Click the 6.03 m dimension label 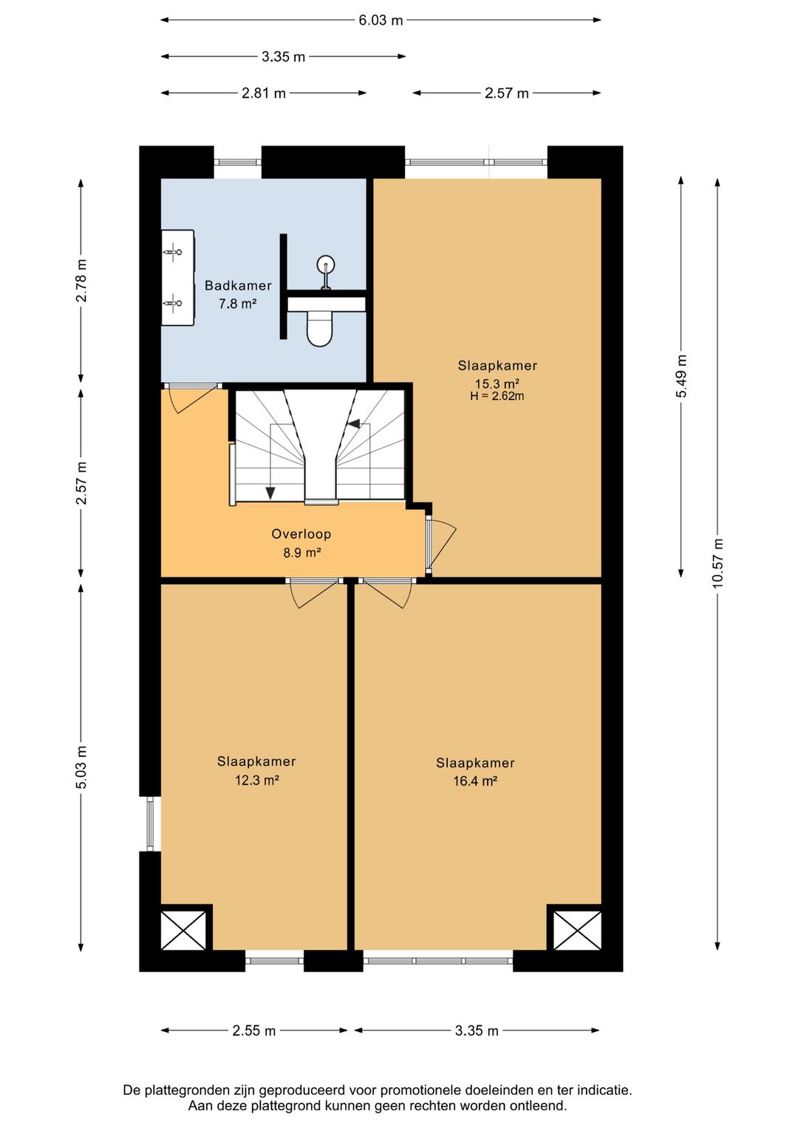(381, 20)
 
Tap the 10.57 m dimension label (717, 563)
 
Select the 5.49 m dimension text (681, 376)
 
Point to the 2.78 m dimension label (81, 280)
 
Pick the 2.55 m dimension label (253, 1031)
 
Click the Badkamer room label (238, 285)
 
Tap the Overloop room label (301, 534)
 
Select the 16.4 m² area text (475, 781)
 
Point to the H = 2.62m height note (497, 395)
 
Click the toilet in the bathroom (319, 328)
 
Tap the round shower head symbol (326, 265)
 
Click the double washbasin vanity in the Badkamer (178, 277)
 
